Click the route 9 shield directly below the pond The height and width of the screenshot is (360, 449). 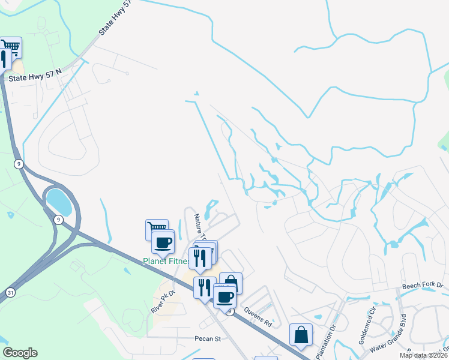[x=58, y=220]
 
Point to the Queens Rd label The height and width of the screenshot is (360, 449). [x=258, y=317]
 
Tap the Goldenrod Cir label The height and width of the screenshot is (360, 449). [x=367, y=327]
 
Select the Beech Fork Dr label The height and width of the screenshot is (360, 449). [x=421, y=286]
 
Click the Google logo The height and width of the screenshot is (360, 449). [x=19, y=353]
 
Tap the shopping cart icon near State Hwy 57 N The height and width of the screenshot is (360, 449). [x=11, y=46]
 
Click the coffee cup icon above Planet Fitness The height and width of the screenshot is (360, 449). [x=163, y=242]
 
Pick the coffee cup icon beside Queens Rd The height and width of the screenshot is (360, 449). [x=225, y=296]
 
